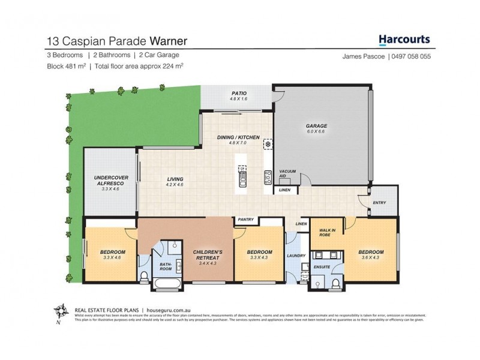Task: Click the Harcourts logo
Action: click(404, 40)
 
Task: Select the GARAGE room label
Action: click(317, 126)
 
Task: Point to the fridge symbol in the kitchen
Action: click(268, 143)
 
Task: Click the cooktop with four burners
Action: click(267, 176)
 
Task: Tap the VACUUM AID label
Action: click(288, 175)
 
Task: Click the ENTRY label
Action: click(380, 203)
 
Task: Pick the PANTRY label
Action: click(246, 220)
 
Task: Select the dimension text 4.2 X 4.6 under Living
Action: click(175, 185)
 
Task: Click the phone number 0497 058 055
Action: click(410, 56)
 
